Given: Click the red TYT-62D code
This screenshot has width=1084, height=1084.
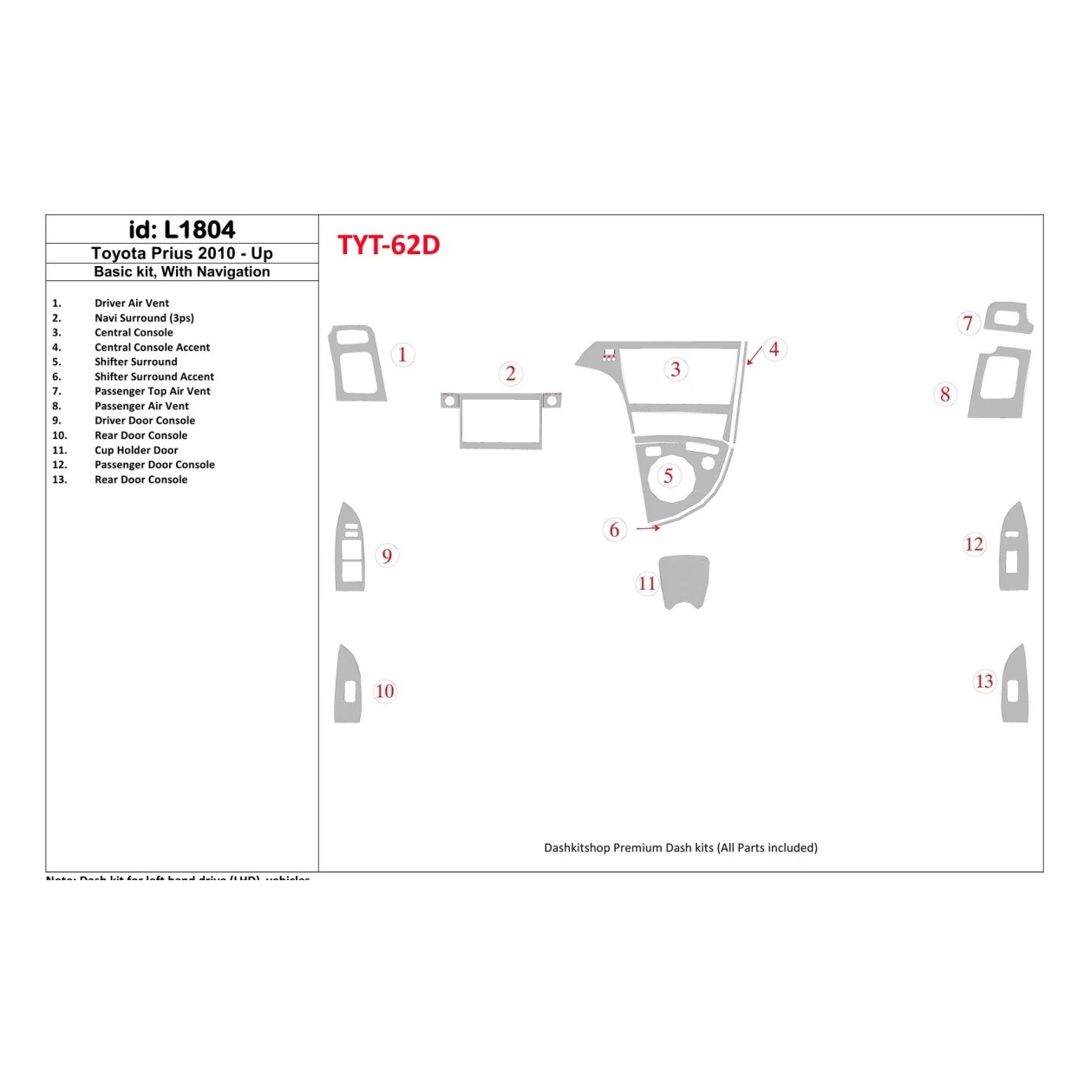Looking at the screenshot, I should [x=389, y=245].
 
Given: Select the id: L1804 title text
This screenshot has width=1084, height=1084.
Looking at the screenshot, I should [x=182, y=230].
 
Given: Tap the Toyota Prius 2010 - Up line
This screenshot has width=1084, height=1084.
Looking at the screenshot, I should [x=182, y=253].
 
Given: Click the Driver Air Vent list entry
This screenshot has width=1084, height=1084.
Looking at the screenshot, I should [x=132, y=304].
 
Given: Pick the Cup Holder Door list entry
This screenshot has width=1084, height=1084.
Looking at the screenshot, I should [x=136, y=450].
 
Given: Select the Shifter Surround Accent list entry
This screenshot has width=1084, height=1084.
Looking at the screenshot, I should [x=154, y=376].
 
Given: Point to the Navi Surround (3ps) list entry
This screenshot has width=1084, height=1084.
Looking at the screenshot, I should [x=144, y=318].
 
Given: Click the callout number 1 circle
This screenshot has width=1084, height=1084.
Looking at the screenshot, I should [x=402, y=355].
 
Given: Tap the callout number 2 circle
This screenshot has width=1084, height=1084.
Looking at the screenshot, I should [x=511, y=374].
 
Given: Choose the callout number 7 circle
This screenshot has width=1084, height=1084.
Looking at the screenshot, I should [x=969, y=323].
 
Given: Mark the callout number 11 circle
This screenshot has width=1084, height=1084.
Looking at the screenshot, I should [x=647, y=584].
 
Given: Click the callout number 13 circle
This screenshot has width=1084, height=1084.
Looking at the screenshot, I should [x=984, y=682].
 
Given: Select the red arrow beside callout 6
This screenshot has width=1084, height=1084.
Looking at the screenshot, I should [x=648, y=527].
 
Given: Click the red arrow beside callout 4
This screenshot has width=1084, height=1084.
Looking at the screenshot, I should [x=754, y=355].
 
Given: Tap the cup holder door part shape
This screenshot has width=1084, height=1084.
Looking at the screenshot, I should [x=684, y=579].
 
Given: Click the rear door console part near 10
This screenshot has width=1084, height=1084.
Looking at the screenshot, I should [x=348, y=685].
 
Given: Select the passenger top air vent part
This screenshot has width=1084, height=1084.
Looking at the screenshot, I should [x=1009, y=318].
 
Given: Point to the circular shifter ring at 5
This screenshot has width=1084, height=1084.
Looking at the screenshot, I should [x=669, y=476].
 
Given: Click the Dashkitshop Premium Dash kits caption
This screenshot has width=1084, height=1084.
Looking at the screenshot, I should [x=681, y=848].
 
